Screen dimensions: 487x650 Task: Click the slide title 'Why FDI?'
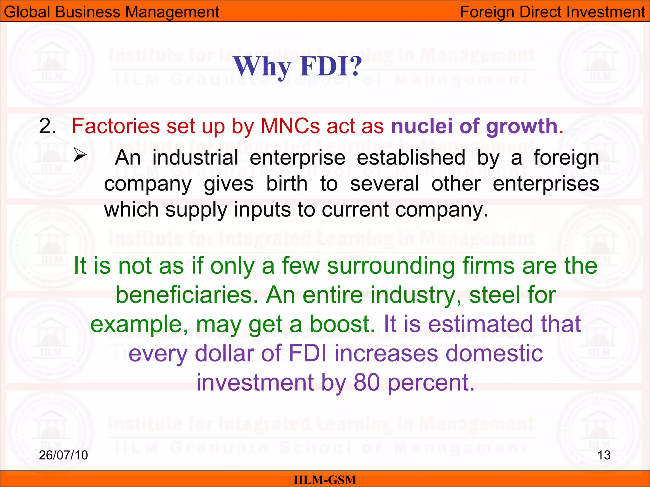298,67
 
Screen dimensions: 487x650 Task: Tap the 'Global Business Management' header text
111,12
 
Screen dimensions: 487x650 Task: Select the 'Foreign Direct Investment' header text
552,12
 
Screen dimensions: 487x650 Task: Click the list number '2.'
48,126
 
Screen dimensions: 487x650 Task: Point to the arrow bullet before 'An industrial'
80,155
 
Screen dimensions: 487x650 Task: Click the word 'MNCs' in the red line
290,126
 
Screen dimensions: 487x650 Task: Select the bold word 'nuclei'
422,126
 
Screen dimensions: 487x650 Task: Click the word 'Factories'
116,126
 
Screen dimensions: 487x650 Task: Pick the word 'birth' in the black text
287,184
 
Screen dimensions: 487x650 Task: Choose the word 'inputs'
262,210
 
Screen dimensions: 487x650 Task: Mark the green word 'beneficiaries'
187,295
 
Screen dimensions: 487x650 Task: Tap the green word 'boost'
342,324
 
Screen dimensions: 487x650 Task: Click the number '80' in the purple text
367,382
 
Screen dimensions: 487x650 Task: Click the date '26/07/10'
63,455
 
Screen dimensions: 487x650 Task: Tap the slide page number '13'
604,455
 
